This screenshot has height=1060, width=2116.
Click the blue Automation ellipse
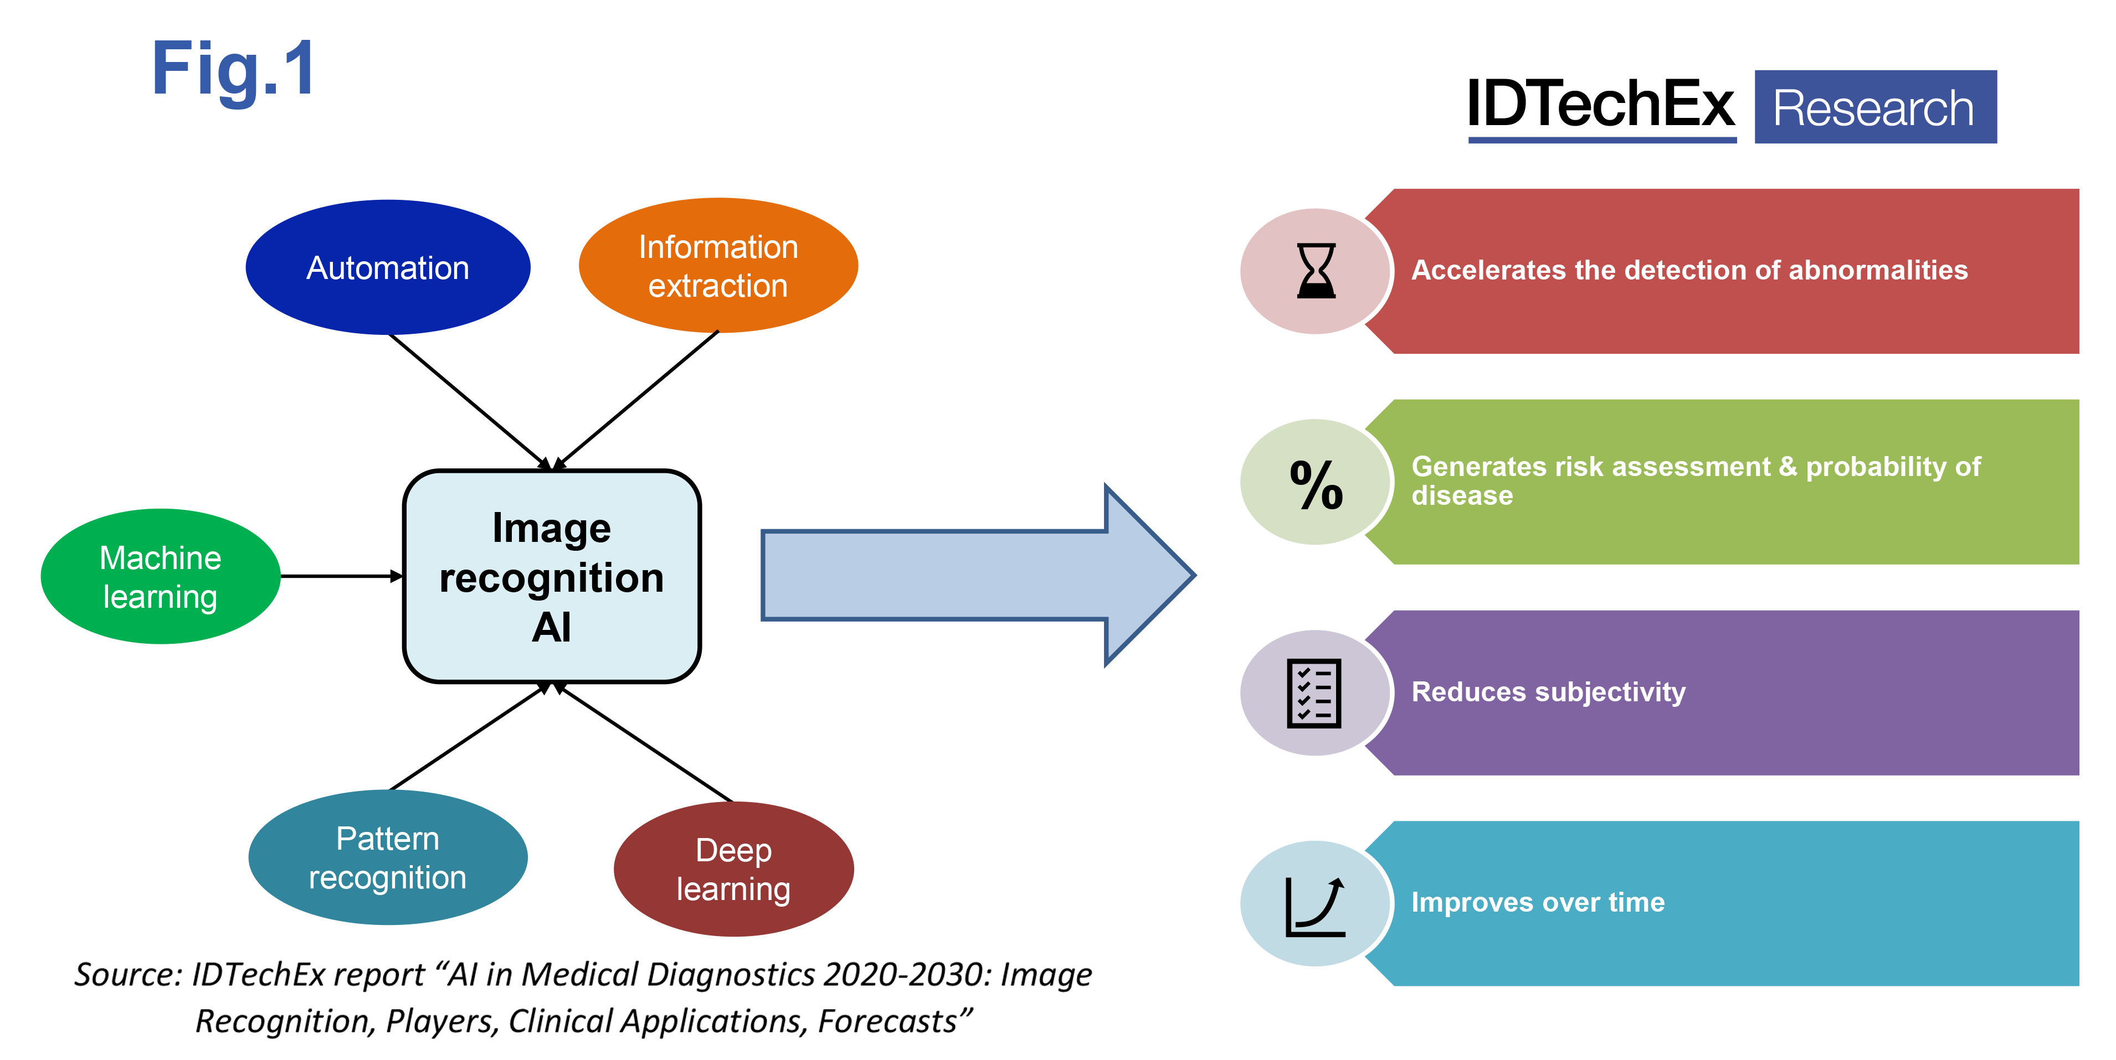(x=388, y=268)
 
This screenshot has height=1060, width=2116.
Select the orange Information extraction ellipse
(x=718, y=265)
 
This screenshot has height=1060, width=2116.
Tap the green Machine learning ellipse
(x=160, y=576)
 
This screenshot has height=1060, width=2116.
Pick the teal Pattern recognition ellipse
(x=388, y=857)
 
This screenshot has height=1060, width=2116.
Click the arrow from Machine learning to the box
(x=341, y=576)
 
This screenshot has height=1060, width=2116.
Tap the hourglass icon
(x=1316, y=271)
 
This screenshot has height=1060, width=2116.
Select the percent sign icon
(x=1316, y=484)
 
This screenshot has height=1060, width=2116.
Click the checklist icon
(x=1314, y=693)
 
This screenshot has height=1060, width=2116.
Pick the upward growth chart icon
(x=1315, y=906)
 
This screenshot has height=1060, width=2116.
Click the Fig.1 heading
(x=233, y=71)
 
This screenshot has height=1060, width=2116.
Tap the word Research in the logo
(x=1874, y=108)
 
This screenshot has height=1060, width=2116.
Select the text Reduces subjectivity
(x=1548, y=691)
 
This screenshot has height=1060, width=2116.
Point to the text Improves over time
(x=1538, y=902)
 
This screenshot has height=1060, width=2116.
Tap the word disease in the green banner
(x=1462, y=496)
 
